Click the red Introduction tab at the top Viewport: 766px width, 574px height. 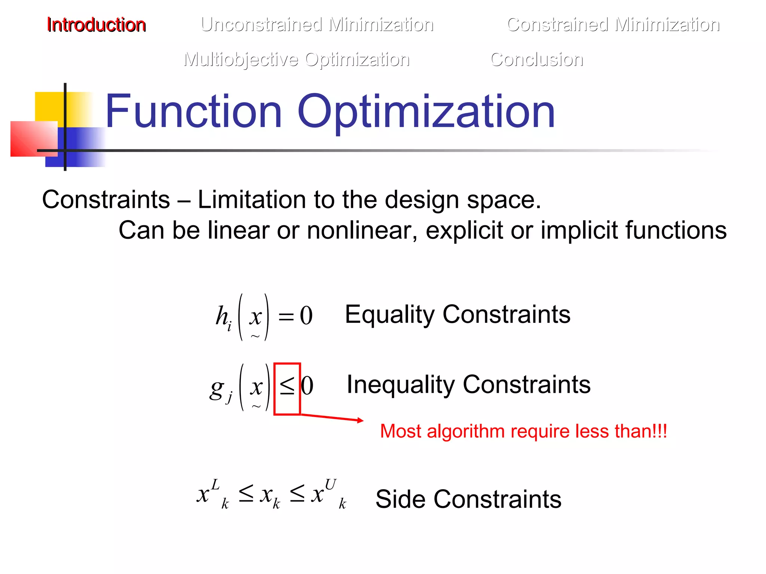coord(96,25)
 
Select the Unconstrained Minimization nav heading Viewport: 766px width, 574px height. coord(317,25)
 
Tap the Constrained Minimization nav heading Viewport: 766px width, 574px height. coord(613,25)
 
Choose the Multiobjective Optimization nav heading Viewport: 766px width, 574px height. coord(297,60)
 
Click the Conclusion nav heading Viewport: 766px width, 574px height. coord(537,60)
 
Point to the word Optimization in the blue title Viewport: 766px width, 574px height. coord(426,112)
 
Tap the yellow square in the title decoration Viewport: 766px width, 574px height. coord(49,107)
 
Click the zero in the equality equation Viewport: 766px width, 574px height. coord(306,316)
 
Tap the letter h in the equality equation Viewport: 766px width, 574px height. coord(222,316)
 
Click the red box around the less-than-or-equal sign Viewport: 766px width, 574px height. coord(287,389)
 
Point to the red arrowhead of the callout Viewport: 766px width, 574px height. coord(360,420)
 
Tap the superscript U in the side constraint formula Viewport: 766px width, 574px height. coord(330,485)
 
